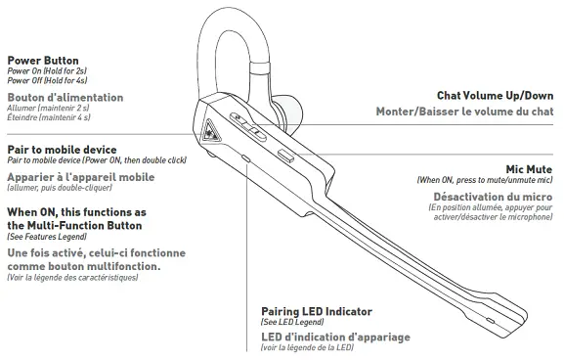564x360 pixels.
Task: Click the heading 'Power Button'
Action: click(44, 60)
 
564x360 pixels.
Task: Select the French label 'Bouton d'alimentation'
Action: click(65, 98)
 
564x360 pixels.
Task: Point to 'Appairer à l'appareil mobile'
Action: click(81, 177)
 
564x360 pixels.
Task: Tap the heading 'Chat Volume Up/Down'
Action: click(496, 96)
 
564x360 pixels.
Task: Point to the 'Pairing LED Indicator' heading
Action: click(317, 311)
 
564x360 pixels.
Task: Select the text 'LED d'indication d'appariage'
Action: click(335, 337)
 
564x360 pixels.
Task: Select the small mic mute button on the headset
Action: click(285, 156)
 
